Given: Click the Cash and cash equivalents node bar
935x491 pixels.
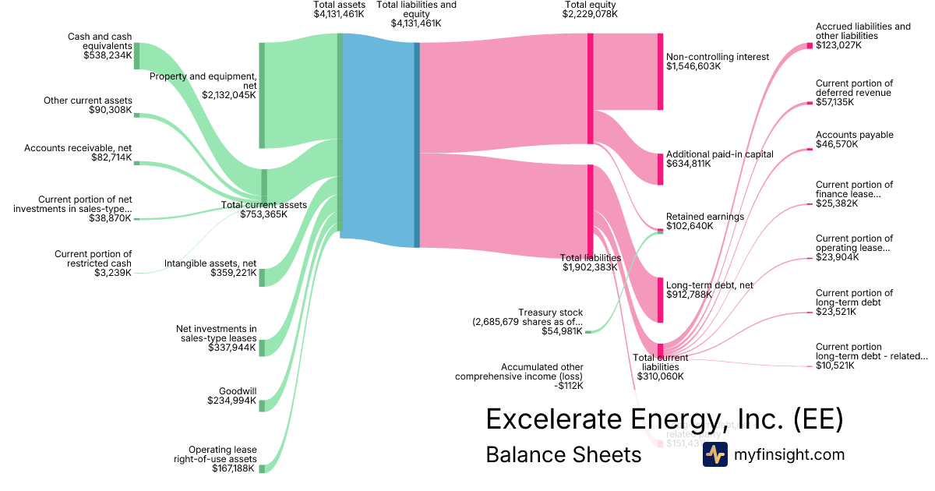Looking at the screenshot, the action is (136, 56).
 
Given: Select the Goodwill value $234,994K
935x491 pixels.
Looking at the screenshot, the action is (231, 401).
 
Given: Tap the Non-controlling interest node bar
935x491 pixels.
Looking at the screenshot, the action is (660, 72).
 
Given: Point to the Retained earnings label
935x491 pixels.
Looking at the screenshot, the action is (704, 217).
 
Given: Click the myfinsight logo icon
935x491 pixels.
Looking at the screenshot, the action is (714, 454).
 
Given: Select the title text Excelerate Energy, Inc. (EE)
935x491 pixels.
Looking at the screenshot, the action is (664, 419).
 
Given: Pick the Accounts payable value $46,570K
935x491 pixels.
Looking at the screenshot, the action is (837, 144).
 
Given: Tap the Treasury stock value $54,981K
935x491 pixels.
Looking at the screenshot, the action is (562, 331).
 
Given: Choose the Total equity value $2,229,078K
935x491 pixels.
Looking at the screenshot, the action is (590, 14).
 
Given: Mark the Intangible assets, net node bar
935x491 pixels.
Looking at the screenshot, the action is (263, 277).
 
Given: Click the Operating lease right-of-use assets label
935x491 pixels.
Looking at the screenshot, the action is (222, 454).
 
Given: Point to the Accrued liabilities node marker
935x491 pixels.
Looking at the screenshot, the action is (810, 45).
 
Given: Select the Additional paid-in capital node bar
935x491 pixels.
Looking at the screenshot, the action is (660, 169).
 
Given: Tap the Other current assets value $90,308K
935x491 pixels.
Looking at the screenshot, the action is (110, 111).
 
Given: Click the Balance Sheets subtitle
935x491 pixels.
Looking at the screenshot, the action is (563, 454).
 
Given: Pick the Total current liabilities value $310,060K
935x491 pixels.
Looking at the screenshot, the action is (660, 376).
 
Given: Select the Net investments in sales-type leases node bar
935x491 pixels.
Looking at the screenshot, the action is (263, 348).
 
